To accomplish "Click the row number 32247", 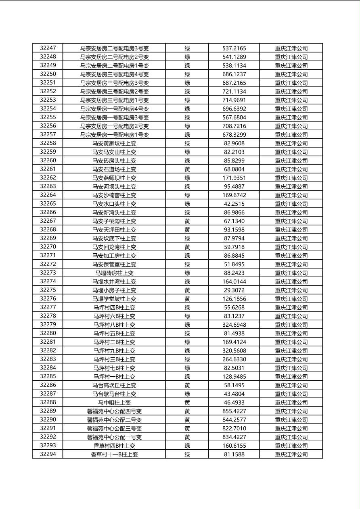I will (48, 48).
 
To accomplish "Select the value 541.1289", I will (234, 57).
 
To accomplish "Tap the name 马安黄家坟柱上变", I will (114, 143).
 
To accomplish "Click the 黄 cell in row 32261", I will (187, 169).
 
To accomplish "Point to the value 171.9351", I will (234, 178).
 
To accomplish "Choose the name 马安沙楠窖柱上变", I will (114, 195).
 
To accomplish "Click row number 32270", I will (48, 247).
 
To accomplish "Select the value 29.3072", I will (234, 290).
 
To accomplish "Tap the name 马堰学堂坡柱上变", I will (114, 299).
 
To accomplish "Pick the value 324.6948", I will (234, 325).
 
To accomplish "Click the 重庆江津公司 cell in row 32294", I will (291, 455).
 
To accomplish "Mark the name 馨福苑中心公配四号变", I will (114, 411).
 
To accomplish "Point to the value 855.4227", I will (234, 411).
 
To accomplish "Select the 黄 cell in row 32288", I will (187, 403).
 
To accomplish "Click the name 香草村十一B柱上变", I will (114, 455).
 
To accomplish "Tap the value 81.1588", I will (234, 455).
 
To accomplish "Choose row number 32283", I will (48, 359).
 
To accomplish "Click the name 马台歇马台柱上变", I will (114, 394).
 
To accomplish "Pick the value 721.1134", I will (234, 92).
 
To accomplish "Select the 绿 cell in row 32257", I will (187, 135).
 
